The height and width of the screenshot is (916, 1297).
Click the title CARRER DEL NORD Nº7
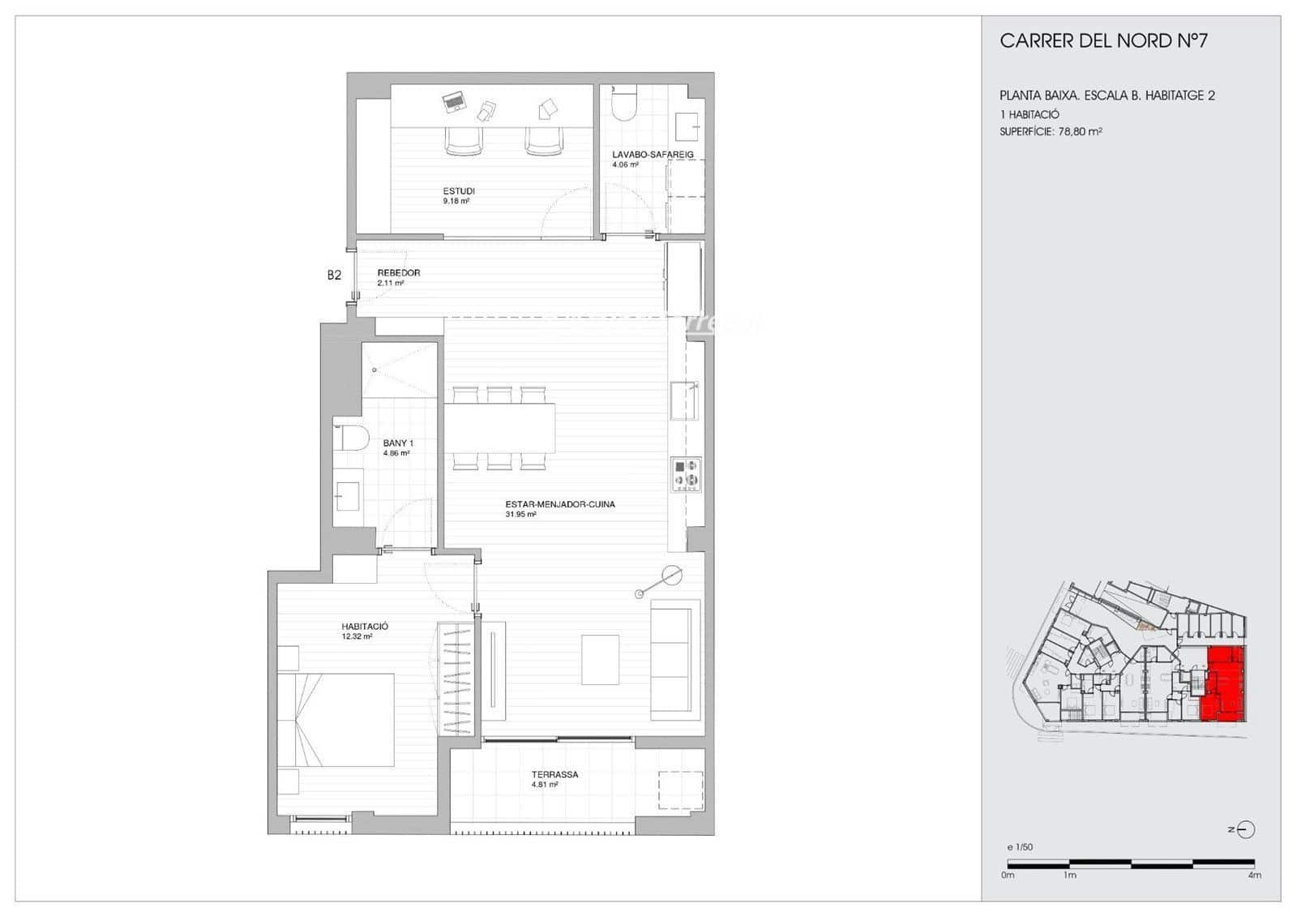tap(1103, 41)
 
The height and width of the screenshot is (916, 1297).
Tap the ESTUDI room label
tap(458, 191)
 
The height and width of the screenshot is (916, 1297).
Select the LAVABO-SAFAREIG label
tap(652, 154)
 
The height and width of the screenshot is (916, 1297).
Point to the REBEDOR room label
tap(398, 273)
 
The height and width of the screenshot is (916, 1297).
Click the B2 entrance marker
tap(334, 275)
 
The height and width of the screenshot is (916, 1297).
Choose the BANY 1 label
tap(398, 443)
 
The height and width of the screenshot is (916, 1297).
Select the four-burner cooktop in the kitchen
tap(686, 475)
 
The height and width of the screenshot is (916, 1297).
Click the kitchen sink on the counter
tap(684, 400)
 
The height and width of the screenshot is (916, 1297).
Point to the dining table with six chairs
tap(499, 428)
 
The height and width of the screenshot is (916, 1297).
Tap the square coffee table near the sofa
tap(600, 659)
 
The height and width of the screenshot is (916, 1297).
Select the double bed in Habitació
tap(336, 719)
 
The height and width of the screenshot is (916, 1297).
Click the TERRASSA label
tap(554, 774)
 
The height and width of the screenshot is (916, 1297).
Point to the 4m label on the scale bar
tap(1253, 875)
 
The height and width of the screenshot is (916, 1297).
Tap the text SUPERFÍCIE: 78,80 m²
tap(1050, 131)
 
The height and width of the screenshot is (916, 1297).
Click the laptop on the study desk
tap(454, 102)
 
